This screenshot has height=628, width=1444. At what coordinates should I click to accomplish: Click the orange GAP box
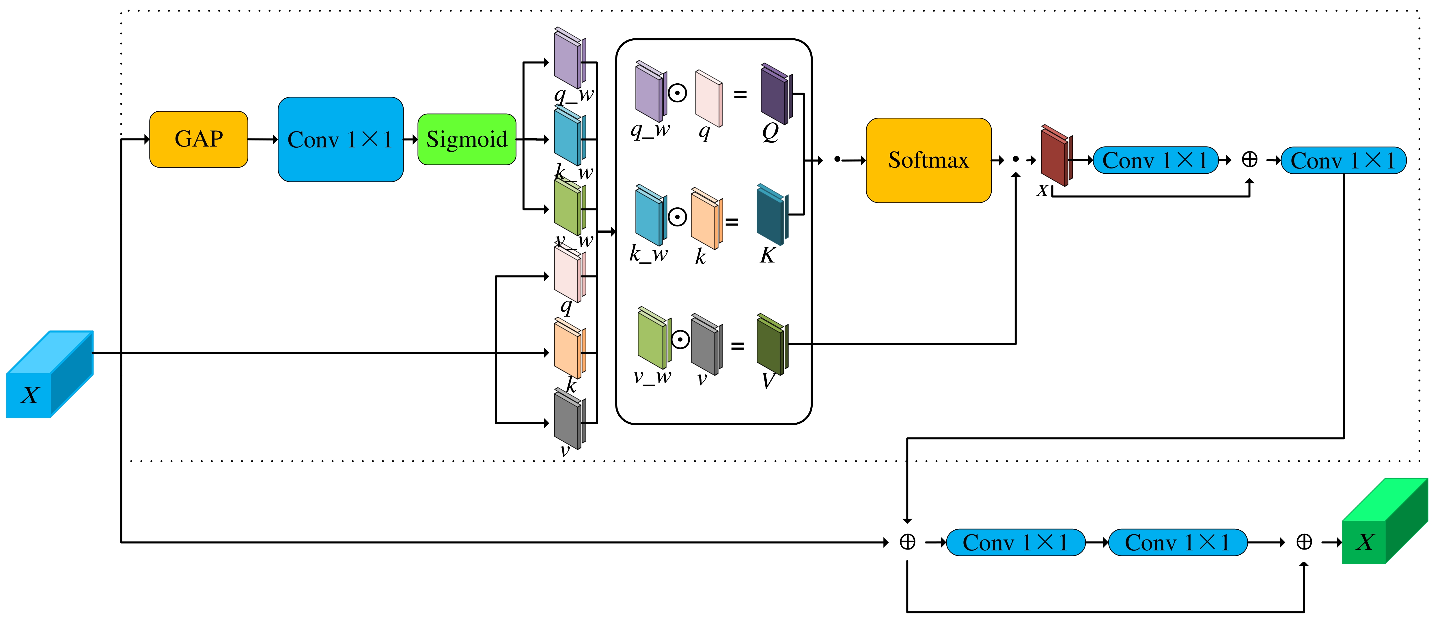click(x=198, y=139)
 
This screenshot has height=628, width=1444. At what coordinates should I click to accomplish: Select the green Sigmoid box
click(x=467, y=139)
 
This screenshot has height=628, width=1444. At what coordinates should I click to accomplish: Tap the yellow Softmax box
click(x=928, y=160)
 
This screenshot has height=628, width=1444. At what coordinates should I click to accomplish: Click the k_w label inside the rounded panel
click(x=649, y=254)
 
